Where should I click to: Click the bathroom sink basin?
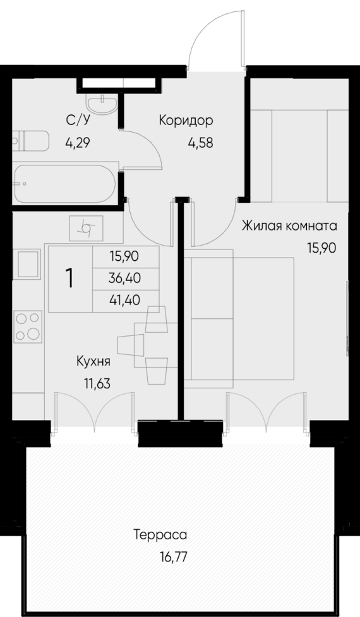102,104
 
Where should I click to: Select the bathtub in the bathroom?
65,184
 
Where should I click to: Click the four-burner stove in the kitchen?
28,326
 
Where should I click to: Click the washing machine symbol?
86,228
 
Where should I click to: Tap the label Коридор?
186,121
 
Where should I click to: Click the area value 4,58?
201,143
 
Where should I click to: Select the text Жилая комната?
289,226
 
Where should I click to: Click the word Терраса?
160,535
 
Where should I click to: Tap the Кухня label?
93,361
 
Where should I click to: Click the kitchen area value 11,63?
97,383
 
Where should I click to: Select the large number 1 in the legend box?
70,279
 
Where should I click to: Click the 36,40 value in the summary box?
124,279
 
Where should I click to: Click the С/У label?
78,120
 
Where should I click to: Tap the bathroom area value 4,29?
78,142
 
